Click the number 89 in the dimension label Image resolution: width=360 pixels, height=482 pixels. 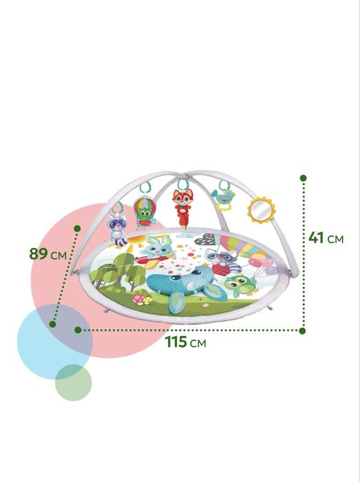coord(39,254)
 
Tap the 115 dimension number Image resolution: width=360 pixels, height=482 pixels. coord(176,342)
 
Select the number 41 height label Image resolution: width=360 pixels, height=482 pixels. coord(316,238)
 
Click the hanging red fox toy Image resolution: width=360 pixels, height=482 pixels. coord(182,208)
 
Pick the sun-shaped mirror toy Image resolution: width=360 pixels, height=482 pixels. coord(261,210)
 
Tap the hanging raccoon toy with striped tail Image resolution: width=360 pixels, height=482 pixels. coord(117,229)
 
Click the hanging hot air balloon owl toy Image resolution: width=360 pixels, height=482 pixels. coord(144,212)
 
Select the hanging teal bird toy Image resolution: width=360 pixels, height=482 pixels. coord(223,198)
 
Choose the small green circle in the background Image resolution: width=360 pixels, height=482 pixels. coord(74,383)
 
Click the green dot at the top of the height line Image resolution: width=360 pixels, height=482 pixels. coord(303,178)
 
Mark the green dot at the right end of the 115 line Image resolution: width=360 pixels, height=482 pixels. coord(303,331)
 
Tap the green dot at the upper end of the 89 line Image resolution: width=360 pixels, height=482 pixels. coord(77,229)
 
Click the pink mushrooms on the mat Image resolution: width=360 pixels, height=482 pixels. coord(142,300)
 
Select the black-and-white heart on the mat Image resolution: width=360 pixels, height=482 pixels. coord(206,239)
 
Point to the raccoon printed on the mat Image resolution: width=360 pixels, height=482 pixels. coord(223,261)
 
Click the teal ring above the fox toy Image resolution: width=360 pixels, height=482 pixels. coord(183,184)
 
